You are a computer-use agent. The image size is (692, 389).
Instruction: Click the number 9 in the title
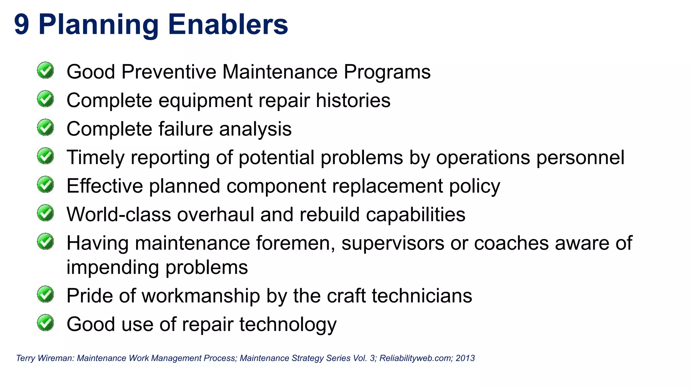(x=22, y=25)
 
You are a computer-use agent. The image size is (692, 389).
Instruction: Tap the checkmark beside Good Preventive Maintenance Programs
(x=45, y=70)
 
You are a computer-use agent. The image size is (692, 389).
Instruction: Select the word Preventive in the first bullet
(x=169, y=72)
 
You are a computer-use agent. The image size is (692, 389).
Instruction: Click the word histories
(x=353, y=101)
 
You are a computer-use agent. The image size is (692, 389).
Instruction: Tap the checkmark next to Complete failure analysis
(x=45, y=127)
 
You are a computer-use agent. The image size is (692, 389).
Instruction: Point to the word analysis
(x=255, y=129)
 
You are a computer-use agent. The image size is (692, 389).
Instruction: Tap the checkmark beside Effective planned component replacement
(x=45, y=184)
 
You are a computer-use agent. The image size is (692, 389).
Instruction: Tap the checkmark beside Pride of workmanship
(x=45, y=294)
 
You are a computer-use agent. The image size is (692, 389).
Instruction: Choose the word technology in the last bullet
(x=288, y=325)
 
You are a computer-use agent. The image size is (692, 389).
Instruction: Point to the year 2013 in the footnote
(x=465, y=358)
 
